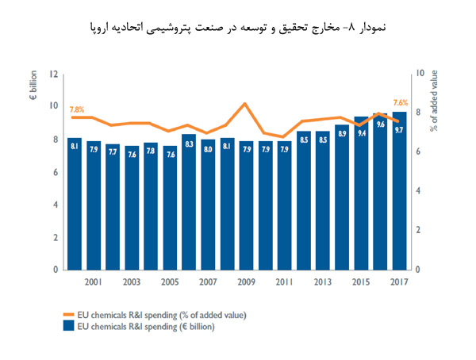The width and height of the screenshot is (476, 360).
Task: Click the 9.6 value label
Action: tap(381, 124)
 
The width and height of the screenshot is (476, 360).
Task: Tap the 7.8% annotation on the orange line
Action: tap(77, 109)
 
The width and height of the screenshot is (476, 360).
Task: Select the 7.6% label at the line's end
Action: tap(401, 103)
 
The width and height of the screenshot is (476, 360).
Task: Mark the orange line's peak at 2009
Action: tap(245, 104)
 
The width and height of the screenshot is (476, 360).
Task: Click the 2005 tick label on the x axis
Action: tap(169, 281)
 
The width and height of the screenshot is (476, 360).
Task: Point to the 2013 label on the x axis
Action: tap(323, 281)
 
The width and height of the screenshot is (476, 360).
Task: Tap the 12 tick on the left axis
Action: tap(54, 74)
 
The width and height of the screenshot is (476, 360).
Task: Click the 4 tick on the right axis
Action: tap(418, 192)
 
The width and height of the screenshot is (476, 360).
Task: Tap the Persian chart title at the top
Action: tap(238, 28)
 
